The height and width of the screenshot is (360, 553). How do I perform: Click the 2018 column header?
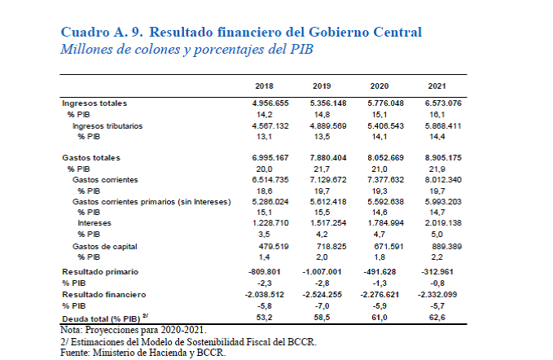coord(264,86)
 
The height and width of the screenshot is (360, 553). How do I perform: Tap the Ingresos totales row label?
coord(94,103)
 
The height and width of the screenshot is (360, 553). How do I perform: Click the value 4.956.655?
coord(266,103)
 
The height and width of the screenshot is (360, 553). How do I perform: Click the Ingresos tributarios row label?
coord(107,126)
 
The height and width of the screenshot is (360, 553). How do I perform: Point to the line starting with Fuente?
coord(143,353)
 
